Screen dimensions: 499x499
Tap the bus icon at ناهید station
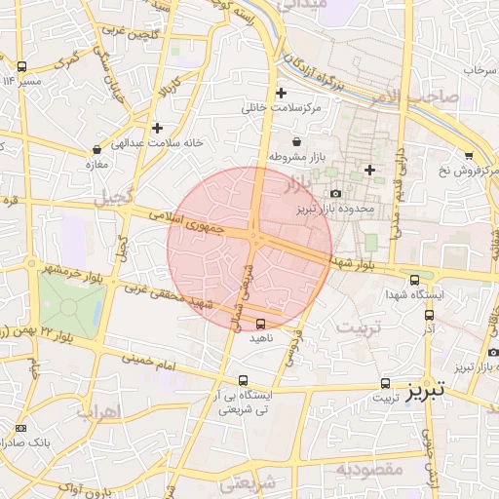click(260, 324)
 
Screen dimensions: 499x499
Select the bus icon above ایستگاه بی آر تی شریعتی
click(243, 381)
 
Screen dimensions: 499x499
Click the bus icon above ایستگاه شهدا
click(415, 280)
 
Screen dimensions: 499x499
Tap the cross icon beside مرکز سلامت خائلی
click(282, 94)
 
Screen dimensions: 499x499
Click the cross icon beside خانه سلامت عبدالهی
click(157, 128)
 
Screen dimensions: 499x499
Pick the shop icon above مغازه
click(96, 150)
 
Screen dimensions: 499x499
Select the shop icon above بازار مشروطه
click(296, 142)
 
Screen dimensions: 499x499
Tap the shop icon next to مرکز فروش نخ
click(469, 156)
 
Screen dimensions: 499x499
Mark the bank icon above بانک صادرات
click(21, 428)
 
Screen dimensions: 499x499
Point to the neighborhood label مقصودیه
click(369, 470)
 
